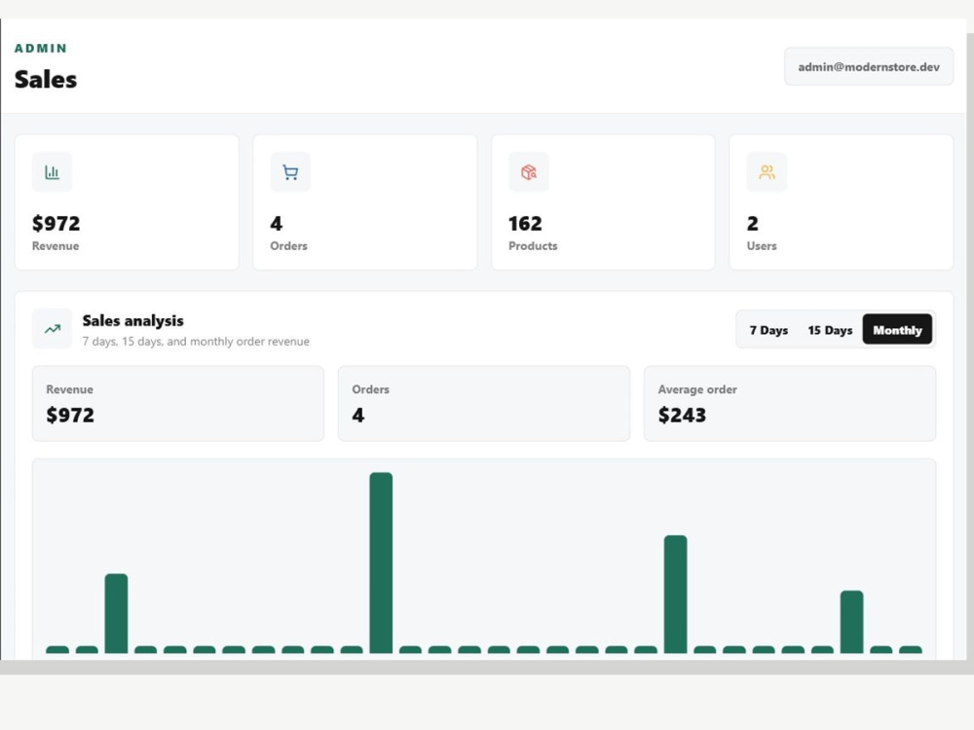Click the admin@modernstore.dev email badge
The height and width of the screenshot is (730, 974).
pos(869,66)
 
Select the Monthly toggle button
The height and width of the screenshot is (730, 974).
pos(897,330)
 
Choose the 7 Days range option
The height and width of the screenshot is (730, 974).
pos(768,330)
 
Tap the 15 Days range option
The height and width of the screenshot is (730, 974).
pos(830,330)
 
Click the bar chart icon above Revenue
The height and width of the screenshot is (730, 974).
pos(53,172)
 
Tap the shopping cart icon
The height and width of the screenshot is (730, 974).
pos(290,172)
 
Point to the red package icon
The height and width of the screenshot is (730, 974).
pos(529,172)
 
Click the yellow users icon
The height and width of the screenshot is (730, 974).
pos(767,172)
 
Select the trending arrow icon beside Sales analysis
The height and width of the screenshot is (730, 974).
pos(53,328)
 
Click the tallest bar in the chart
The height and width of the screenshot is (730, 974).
pos(381,563)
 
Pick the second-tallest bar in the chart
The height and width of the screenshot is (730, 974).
pos(675,594)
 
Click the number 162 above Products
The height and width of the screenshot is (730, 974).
pos(525,224)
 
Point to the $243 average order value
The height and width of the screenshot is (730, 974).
pos(682,415)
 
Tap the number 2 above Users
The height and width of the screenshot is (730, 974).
pos(752,224)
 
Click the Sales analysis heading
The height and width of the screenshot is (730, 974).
pos(132,321)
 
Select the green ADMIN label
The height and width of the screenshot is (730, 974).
pos(40,49)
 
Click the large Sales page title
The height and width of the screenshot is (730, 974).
pos(46,80)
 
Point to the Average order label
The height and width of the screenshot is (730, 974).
pos(697,389)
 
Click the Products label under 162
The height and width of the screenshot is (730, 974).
pos(533,246)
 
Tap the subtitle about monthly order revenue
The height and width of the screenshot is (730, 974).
pos(196,342)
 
